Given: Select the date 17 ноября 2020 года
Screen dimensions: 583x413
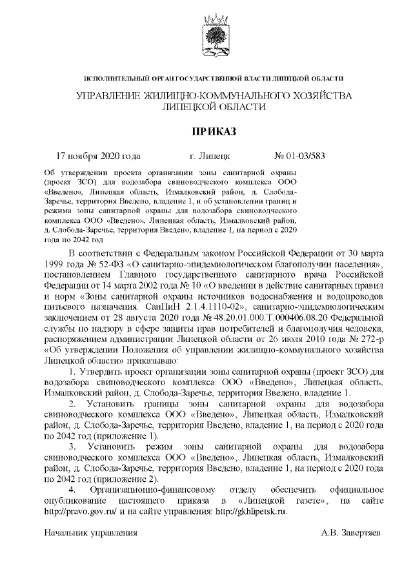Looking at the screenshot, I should [98, 156].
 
